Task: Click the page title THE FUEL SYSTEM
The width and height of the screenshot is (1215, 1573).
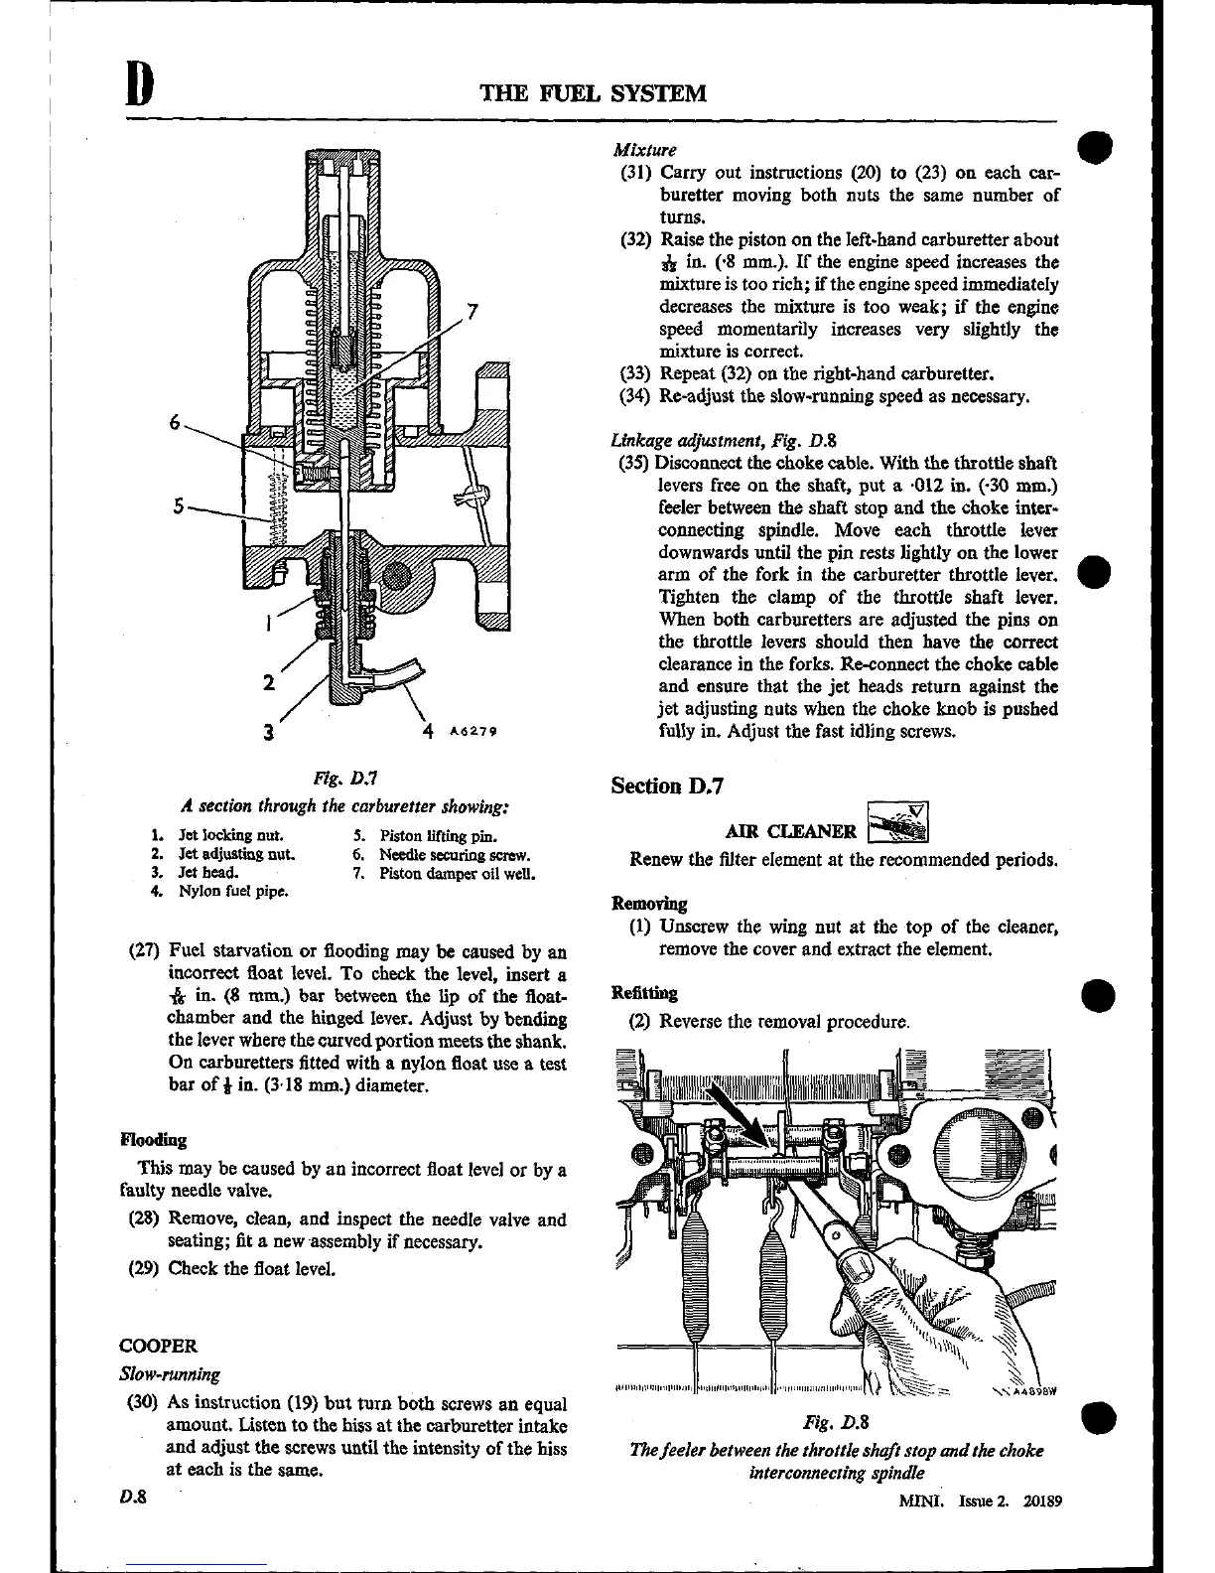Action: [x=593, y=93]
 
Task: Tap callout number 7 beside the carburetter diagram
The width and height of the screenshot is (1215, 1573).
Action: [x=473, y=312]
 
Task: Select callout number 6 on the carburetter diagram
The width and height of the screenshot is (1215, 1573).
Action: [x=176, y=422]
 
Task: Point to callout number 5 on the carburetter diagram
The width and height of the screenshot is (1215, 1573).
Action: [x=179, y=505]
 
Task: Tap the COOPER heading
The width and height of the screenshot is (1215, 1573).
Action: [x=158, y=1347]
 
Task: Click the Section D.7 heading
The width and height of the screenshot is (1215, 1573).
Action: [x=668, y=786]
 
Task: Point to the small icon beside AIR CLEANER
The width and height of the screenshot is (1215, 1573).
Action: [x=898, y=822]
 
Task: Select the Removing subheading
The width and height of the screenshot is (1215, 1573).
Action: [x=649, y=904]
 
